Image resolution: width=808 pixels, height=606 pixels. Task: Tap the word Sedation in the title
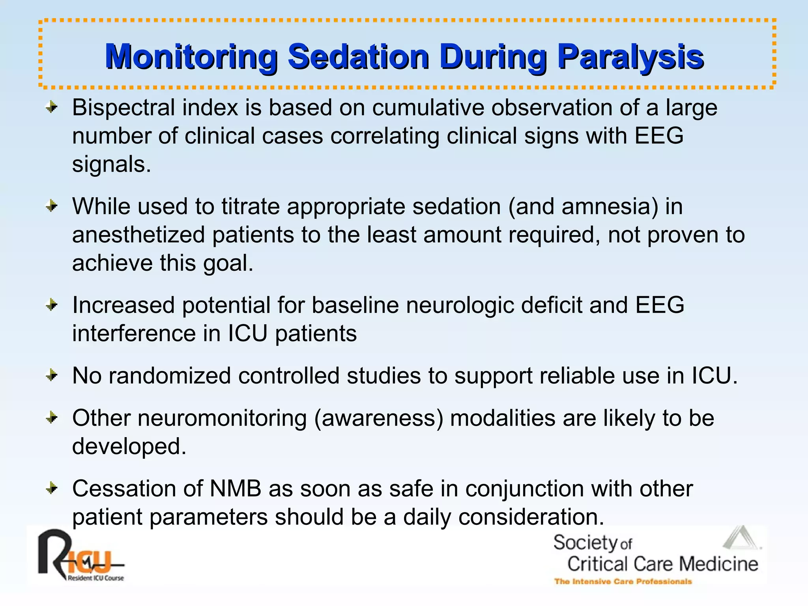click(358, 58)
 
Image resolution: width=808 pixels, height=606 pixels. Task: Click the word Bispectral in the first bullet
click(123, 108)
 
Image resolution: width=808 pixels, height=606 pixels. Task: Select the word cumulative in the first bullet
click(428, 108)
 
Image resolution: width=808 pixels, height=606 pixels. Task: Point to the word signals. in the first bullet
click(112, 165)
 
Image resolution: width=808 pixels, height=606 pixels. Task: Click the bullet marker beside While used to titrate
click(52, 206)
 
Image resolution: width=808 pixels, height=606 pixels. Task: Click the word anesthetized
click(138, 235)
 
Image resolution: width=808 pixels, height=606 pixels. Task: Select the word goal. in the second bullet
click(228, 264)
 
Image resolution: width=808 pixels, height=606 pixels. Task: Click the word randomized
click(170, 376)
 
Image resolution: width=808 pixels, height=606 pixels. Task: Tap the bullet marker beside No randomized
click(52, 375)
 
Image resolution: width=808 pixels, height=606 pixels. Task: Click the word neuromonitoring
click(222, 418)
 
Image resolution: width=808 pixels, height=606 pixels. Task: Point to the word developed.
click(129, 447)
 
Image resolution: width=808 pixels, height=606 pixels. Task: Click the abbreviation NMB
click(236, 489)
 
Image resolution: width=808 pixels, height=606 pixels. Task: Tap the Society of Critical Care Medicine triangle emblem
click(741, 539)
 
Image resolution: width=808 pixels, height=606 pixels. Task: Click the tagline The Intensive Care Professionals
click(623, 582)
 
